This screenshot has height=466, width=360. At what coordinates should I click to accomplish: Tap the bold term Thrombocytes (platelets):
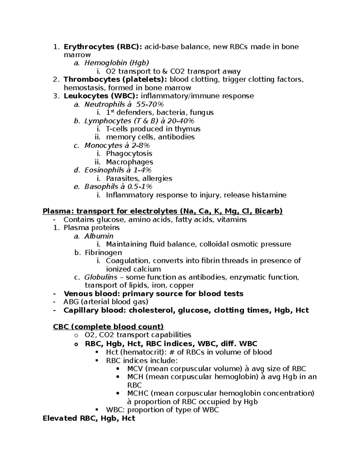115,80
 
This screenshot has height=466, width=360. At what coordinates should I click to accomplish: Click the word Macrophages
129,162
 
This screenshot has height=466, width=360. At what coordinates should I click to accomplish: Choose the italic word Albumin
99,236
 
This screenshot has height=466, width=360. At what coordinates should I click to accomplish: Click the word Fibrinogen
103,253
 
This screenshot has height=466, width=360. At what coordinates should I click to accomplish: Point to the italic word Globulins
100,277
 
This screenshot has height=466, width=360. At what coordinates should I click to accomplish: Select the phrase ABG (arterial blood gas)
106,302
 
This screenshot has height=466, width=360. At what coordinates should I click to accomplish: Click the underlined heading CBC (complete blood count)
108,326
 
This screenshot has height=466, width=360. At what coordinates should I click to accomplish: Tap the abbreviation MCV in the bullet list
135,369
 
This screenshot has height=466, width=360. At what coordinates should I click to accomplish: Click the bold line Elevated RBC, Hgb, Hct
89,418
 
